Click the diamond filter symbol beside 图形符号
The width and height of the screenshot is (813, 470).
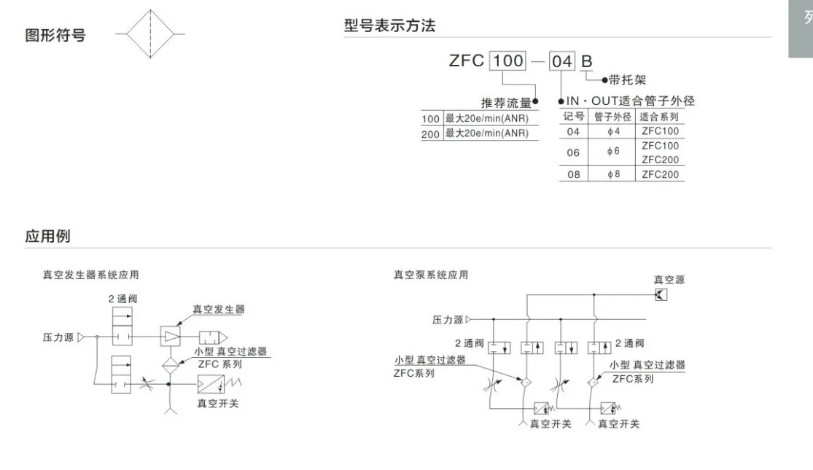click(x=149, y=34)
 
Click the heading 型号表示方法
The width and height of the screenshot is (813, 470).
click(x=389, y=26)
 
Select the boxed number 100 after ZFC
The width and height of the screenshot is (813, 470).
click(x=507, y=60)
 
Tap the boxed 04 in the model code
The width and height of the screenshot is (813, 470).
click(x=562, y=61)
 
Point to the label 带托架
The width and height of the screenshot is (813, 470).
click(x=628, y=80)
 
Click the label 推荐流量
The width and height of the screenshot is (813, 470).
click(x=506, y=103)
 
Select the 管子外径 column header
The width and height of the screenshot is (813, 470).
click(x=612, y=117)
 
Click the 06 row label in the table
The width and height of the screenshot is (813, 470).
click(x=573, y=153)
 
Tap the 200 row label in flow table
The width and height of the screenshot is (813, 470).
click(x=431, y=133)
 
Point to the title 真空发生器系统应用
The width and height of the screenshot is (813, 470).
click(x=90, y=275)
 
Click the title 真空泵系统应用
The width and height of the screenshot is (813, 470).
click(x=431, y=275)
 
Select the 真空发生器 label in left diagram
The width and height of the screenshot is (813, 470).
click(x=218, y=309)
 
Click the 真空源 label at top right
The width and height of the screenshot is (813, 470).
click(x=669, y=279)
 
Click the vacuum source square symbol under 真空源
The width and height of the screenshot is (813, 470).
click(x=661, y=294)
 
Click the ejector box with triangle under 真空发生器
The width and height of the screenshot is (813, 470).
click(x=171, y=337)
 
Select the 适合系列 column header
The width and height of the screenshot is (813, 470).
click(x=659, y=117)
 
